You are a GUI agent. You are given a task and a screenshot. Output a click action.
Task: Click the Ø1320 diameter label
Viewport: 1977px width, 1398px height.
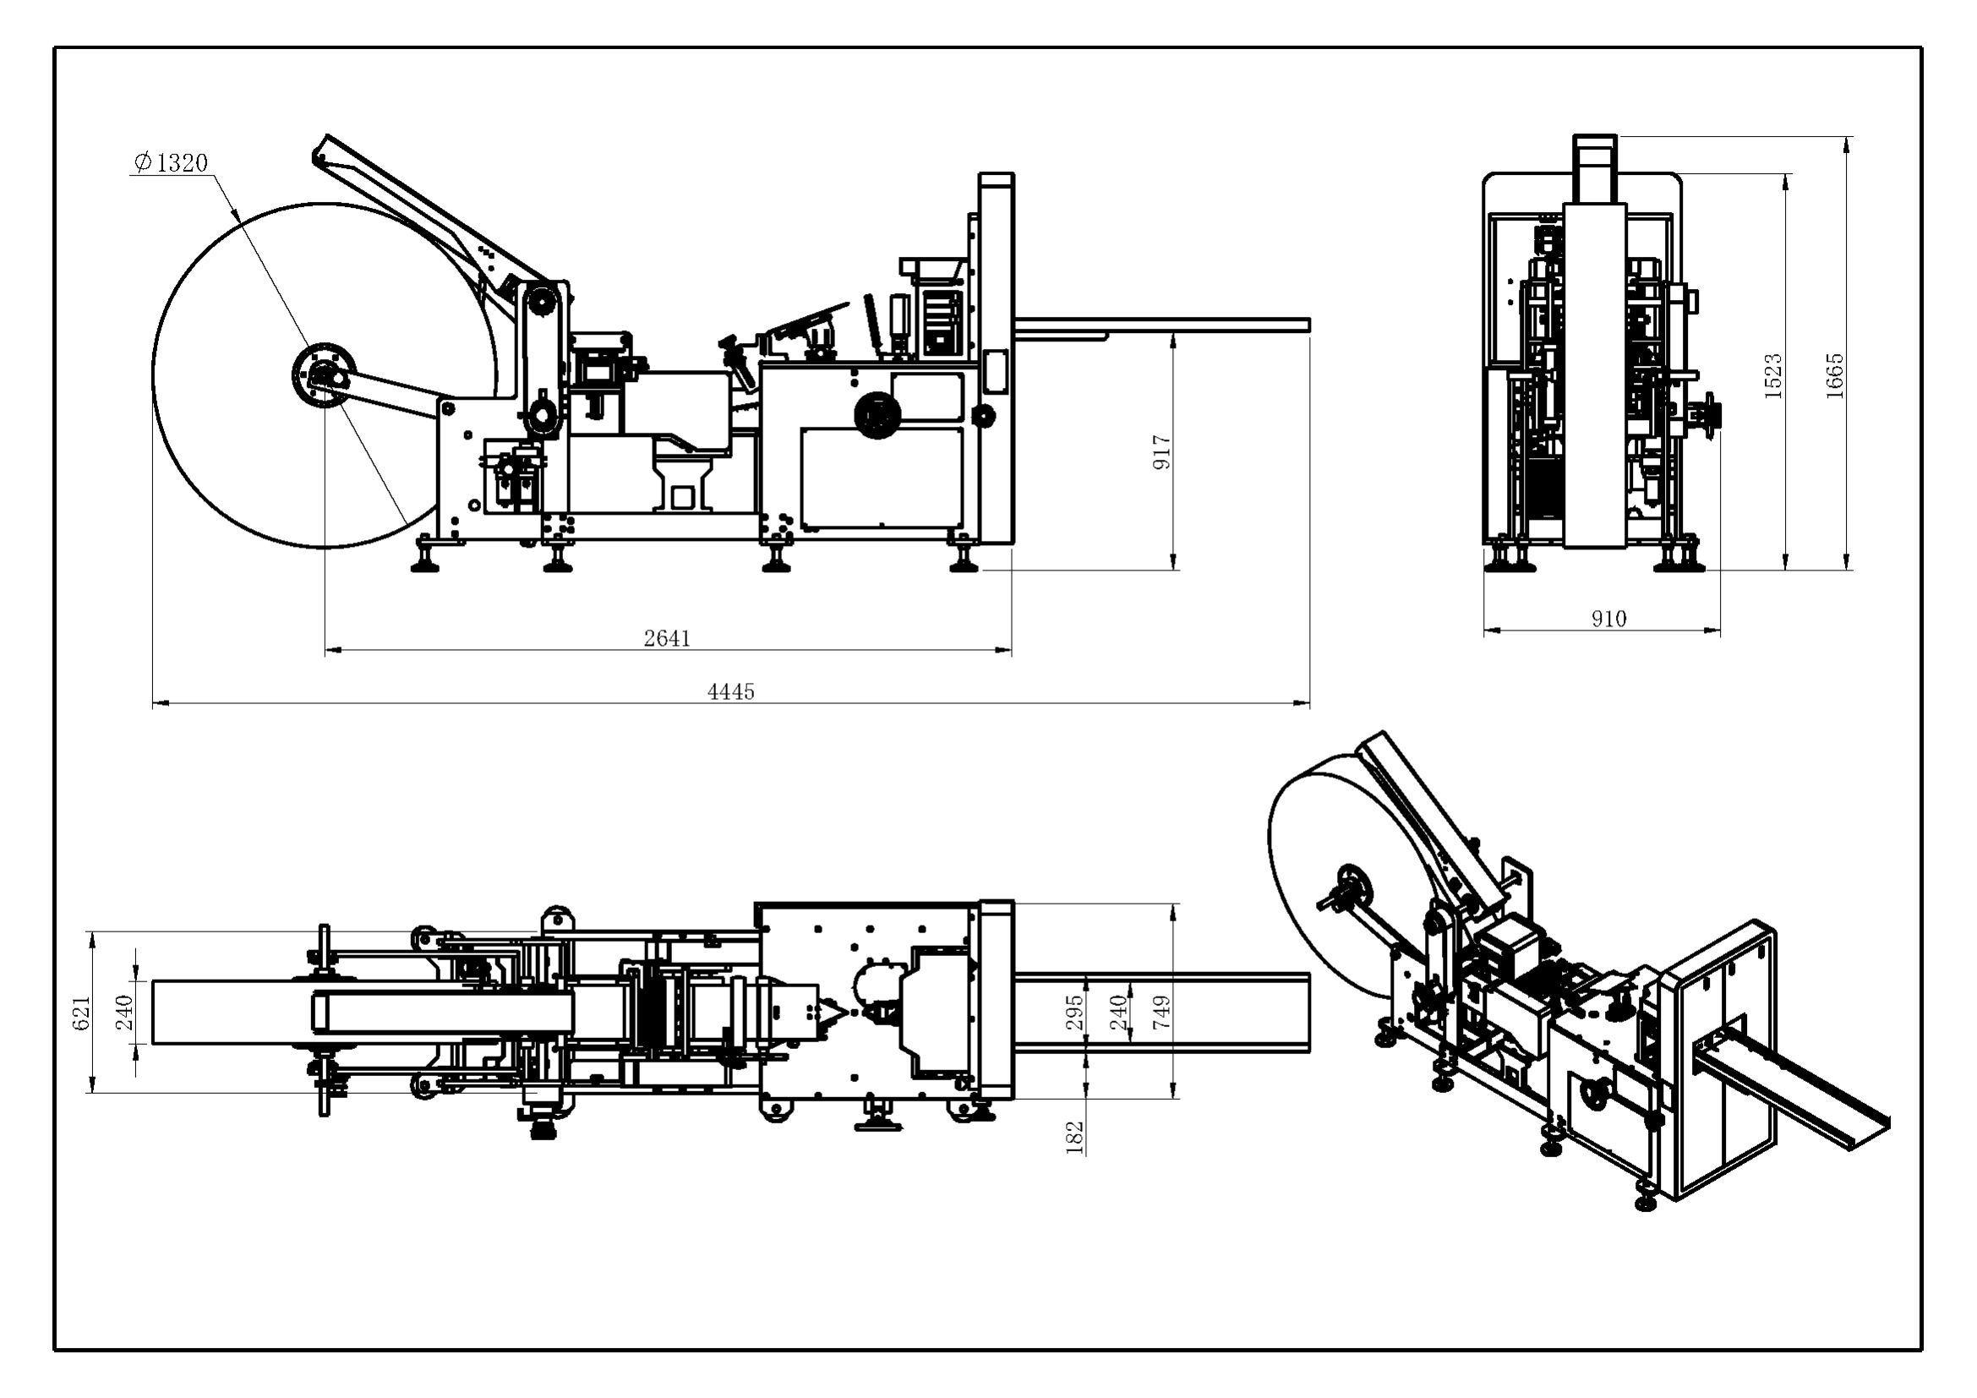click(x=172, y=162)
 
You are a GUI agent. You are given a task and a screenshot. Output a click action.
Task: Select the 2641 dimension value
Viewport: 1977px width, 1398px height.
click(x=668, y=638)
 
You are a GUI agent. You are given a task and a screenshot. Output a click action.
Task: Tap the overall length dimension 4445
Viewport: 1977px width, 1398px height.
click(x=731, y=691)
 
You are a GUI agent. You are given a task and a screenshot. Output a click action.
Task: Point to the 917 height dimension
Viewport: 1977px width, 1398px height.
click(x=1161, y=452)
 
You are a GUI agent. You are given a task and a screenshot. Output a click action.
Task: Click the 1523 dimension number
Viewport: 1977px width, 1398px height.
click(x=1773, y=375)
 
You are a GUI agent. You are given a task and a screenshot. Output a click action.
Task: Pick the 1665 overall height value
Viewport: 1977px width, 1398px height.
click(x=1834, y=375)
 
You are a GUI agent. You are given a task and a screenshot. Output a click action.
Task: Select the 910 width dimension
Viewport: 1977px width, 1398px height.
click(x=1608, y=618)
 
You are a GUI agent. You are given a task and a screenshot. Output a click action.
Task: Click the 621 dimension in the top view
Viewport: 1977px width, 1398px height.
click(x=82, y=1013)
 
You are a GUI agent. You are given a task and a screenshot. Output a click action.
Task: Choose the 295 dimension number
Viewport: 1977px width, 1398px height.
click(x=1073, y=1013)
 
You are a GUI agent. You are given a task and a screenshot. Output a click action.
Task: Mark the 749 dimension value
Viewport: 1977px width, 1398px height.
click(x=1161, y=1013)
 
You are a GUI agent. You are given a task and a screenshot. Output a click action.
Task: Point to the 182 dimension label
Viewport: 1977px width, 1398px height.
click(x=1073, y=1136)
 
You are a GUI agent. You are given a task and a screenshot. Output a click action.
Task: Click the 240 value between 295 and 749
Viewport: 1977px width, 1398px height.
click(x=1117, y=1013)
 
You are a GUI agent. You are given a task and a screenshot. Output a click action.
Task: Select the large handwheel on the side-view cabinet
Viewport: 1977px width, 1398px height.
click(x=874, y=414)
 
